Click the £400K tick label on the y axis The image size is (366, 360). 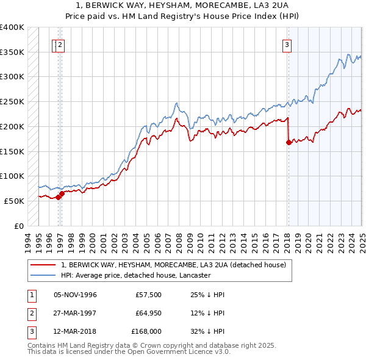click(12, 27)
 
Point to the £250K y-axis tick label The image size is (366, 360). click(12, 101)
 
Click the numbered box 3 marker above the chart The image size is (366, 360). click(287, 44)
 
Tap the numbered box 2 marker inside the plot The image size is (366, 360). click(62, 44)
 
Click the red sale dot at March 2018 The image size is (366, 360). click(288, 142)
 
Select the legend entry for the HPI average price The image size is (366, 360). click(135, 275)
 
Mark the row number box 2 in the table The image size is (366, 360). click(31, 314)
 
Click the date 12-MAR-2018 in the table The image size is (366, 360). click(76, 332)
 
